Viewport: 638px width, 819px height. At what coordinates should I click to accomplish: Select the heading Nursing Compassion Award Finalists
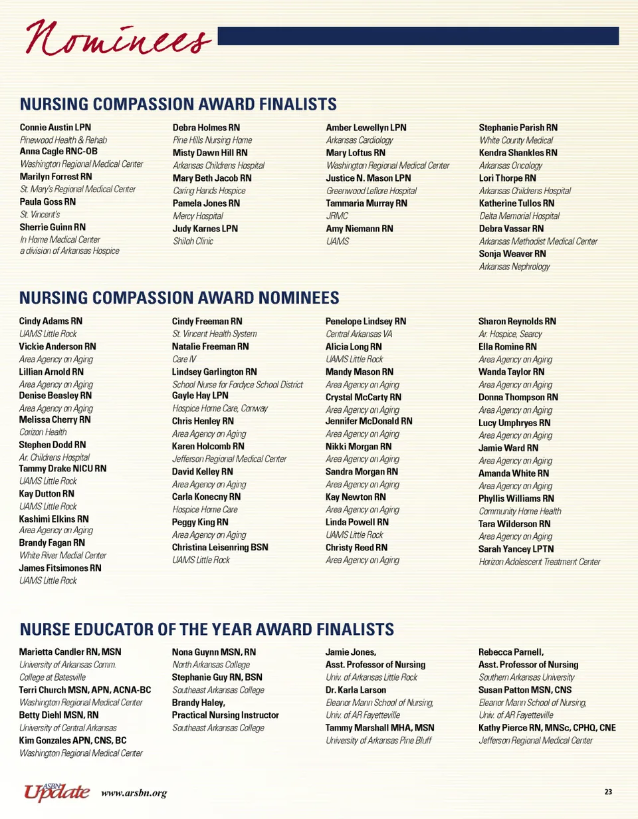coord(178,104)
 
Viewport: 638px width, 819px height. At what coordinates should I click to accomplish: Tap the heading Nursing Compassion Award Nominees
coord(179,297)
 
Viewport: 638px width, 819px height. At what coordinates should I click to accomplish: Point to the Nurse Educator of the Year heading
coord(207,629)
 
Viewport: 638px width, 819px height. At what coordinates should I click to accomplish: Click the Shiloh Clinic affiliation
coord(193,241)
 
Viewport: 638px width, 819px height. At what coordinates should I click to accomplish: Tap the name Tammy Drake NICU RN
coord(62,469)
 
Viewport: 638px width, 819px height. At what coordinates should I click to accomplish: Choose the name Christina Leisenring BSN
coord(222,548)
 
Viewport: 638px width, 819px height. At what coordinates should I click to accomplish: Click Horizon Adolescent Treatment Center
coord(539,562)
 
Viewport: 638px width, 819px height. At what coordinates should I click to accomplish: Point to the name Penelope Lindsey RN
coord(366,321)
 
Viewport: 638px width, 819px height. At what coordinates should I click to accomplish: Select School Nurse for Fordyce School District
coord(237,384)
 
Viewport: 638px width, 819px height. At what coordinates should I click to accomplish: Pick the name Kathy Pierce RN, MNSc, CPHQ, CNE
coord(547,728)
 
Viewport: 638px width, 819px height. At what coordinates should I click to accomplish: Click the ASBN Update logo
coord(56,790)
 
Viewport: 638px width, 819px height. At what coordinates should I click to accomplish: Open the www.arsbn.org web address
coord(134,792)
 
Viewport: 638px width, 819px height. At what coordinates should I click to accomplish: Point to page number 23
coord(608,791)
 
